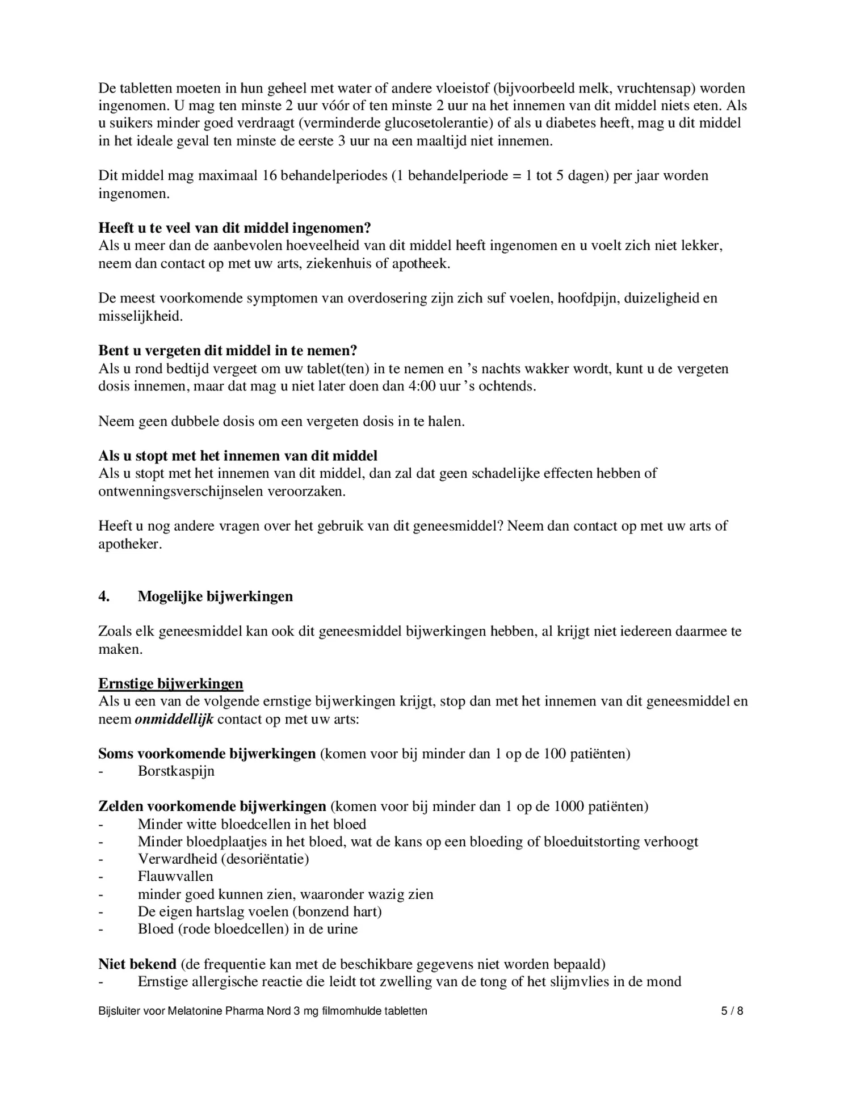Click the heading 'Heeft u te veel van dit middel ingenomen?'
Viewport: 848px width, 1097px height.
pyautogui.click(x=234, y=228)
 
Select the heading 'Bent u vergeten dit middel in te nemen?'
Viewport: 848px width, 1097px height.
pyautogui.click(x=228, y=351)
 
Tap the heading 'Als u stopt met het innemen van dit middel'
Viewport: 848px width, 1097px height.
pyautogui.click(x=238, y=456)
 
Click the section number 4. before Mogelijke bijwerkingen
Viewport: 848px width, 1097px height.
pyautogui.click(x=104, y=596)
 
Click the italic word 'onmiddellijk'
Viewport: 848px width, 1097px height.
pyautogui.click(x=174, y=719)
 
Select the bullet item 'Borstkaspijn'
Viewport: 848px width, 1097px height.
pyautogui.click(x=176, y=771)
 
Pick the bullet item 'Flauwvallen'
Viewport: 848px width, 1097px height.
pyautogui.click(x=175, y=876)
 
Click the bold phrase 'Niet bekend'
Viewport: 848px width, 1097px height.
pyautogui.click(x=137, y=964)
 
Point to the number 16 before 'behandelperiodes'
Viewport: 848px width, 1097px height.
pyautogui.click(x=268, y=175)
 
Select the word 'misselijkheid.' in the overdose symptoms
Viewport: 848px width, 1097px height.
pyautogui.click(x=141, y=316)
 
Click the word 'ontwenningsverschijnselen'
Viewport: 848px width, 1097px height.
pyautogui.click(x=198, y=491)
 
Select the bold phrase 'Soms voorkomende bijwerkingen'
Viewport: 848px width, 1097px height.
pyautogui.click(x=207, y=754)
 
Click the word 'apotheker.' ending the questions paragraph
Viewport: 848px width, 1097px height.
pyautogui.click(x=130, y=544)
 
